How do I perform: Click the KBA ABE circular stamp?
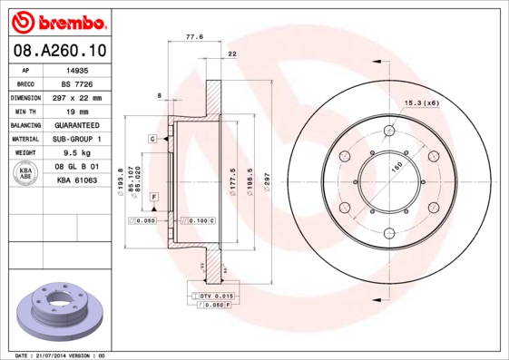(x=26, y=175)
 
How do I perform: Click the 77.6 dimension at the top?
(x=193, y=38)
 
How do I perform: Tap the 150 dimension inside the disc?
(x=396, y=168)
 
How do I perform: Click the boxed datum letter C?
(x=153, y=138)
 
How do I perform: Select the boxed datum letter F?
(x=153, y=197)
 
